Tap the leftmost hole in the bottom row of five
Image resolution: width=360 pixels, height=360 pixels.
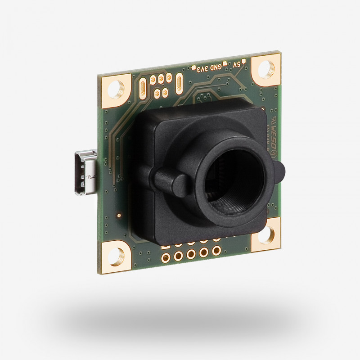[x=166, y=258]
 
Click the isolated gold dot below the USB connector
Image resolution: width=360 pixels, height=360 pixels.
[x=119, y=216]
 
